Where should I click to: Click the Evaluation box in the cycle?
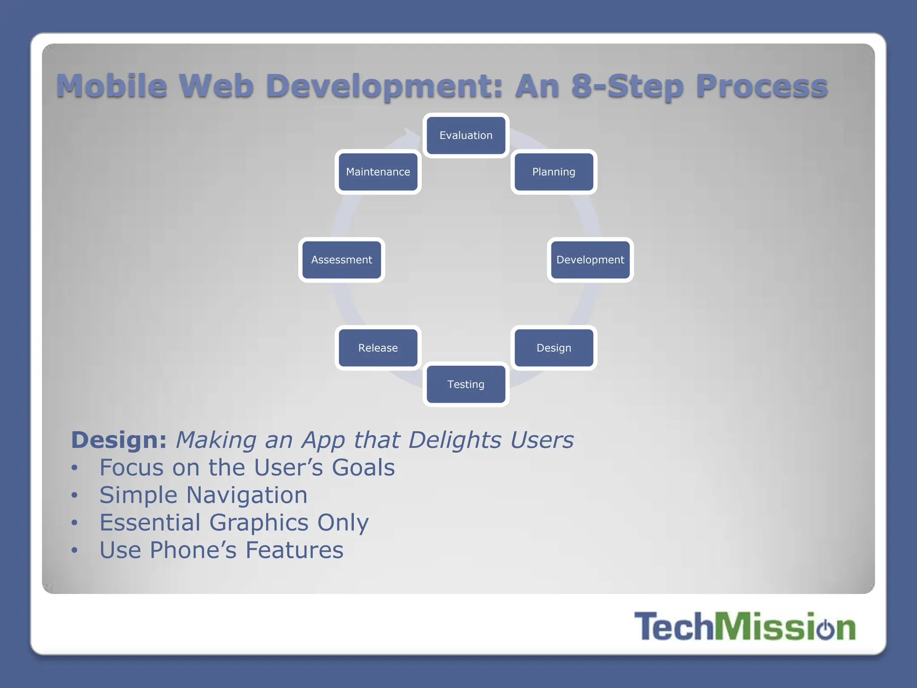tap(466, 135)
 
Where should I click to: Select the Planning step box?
tap(554, 172)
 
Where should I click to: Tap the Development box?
tap(590, 260)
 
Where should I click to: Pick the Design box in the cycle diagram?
tap(554, 348)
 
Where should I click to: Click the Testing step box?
tap(466, 384)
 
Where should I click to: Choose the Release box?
tap(378, 348)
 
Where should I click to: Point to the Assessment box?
tap(342, 260)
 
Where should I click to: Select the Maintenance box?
tap(378, 172)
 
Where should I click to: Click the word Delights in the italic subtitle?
tap(454, 440)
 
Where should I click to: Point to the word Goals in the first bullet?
tap(363, 468)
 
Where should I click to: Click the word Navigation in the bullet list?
tap(247, 495)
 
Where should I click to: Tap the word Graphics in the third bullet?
tap(259, 523)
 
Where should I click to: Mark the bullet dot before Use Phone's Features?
tap(75, 550)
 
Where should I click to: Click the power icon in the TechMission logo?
tap(825, 628)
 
